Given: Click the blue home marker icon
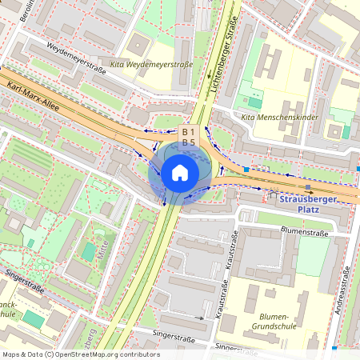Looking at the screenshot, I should [x=180, y=172].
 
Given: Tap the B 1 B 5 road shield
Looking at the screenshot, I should [x=189, y=137].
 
